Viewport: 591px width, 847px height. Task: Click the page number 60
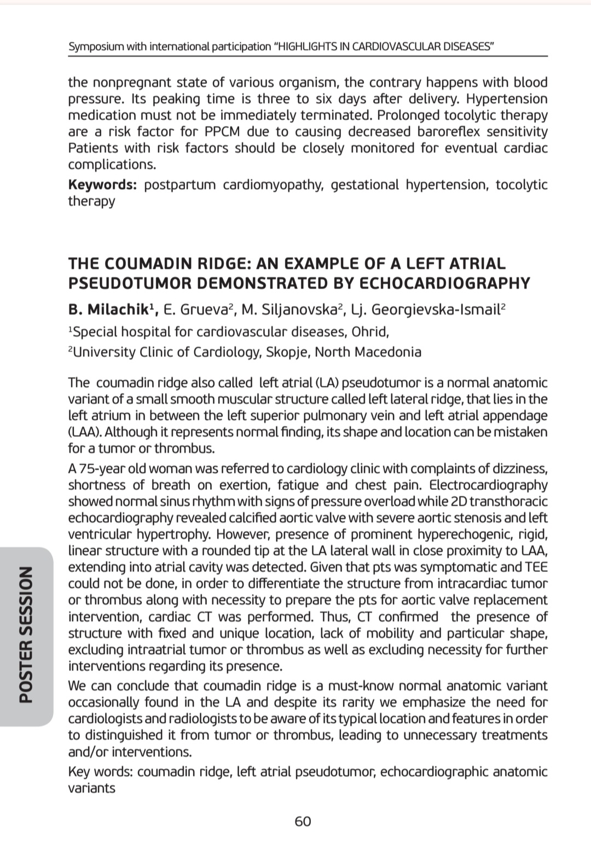click(303, 821)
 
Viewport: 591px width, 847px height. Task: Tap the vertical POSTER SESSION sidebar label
click(26, 634)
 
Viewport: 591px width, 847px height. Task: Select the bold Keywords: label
click(102, 184)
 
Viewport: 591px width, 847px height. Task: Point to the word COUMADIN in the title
click(148, 263)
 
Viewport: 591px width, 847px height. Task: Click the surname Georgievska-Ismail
click(436, 310)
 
